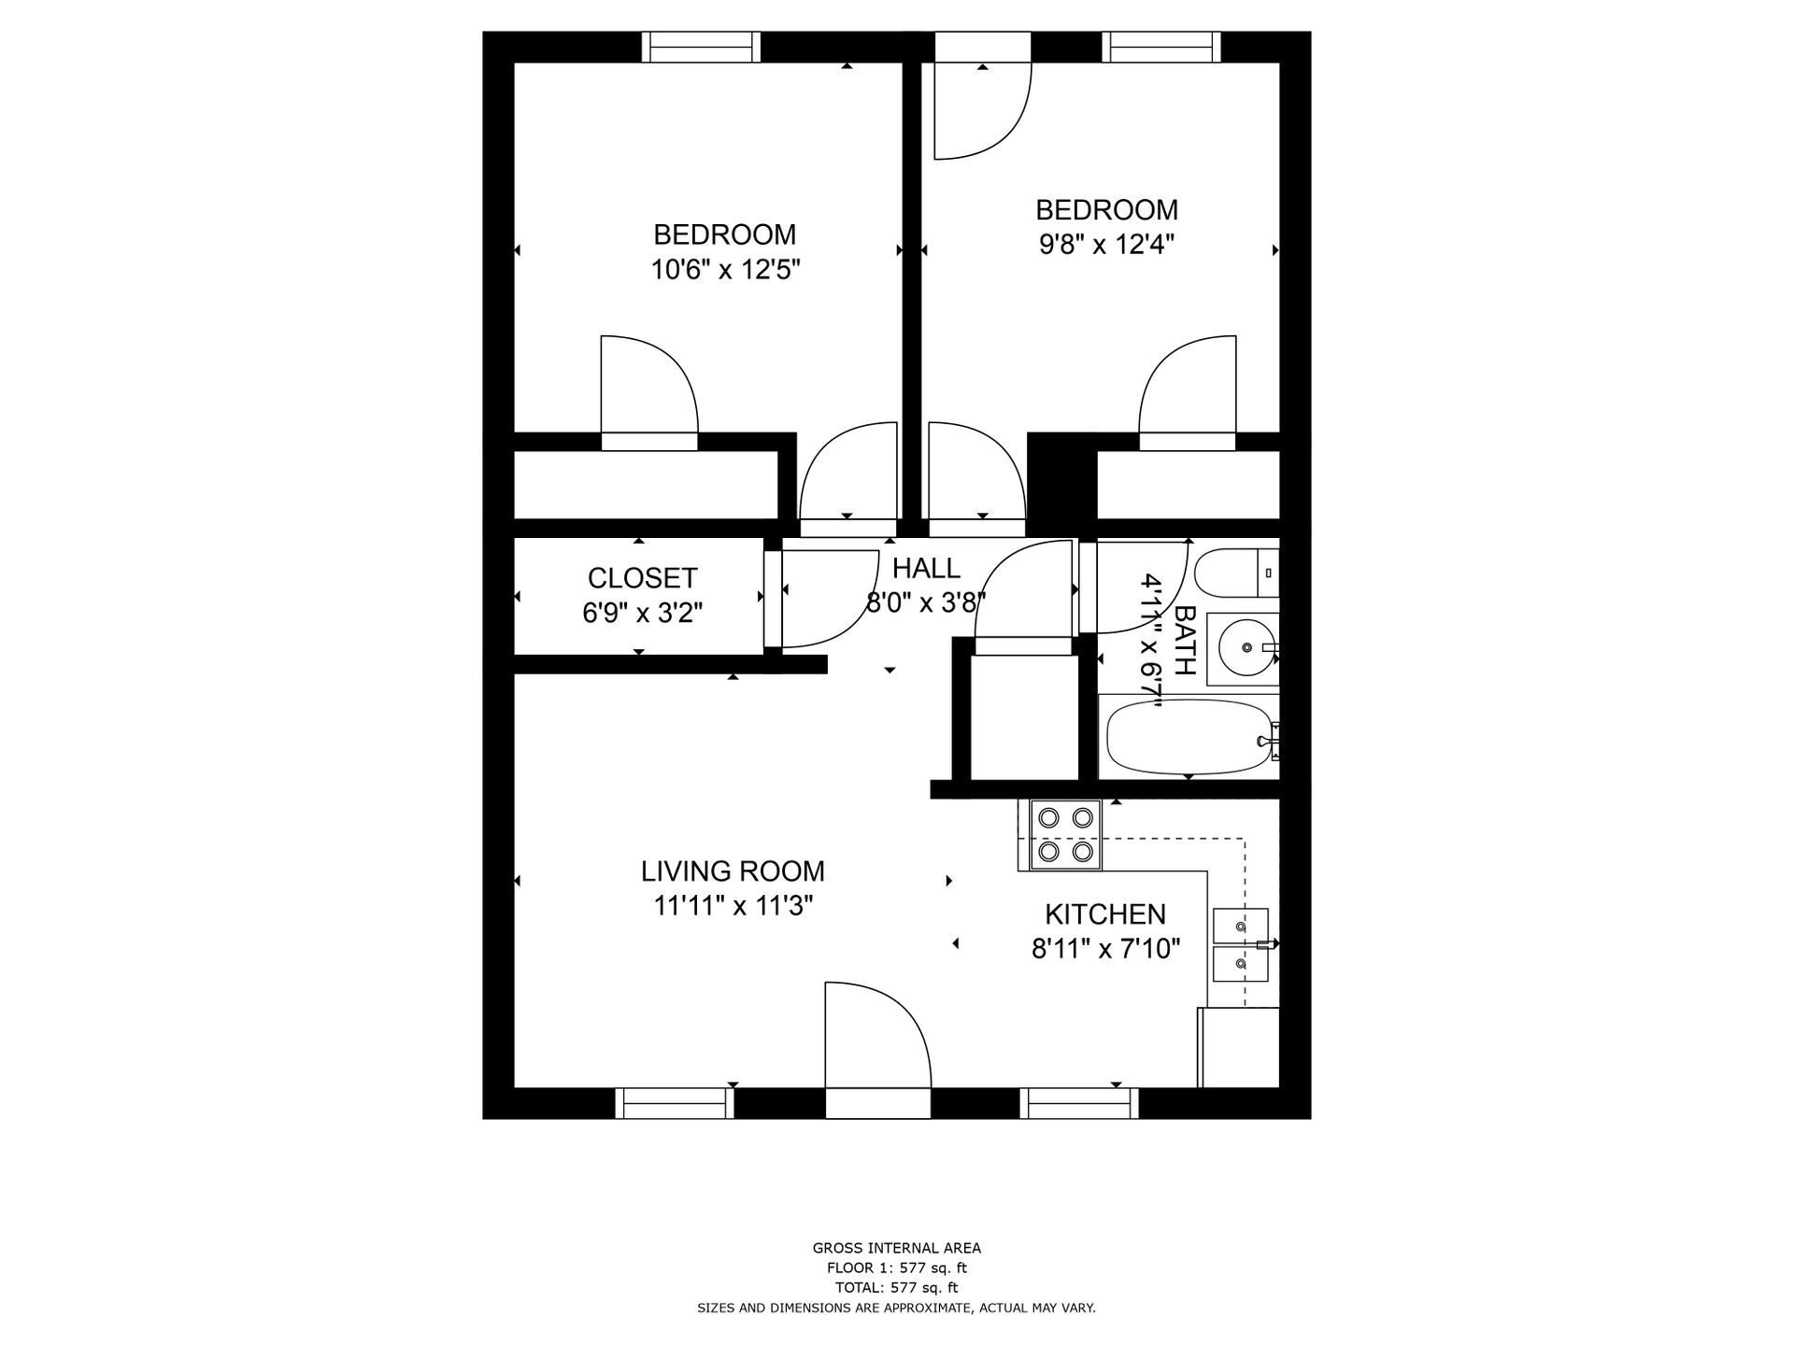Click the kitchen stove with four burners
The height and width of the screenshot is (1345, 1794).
[x=1066, y=835]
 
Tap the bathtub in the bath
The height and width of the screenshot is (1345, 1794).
[x=1189, y=736]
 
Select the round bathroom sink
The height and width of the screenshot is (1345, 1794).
[x=1244, y=648]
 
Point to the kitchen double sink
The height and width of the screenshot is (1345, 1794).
[x=1240, y=943]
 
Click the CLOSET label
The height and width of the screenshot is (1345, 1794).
[x=642, y=578]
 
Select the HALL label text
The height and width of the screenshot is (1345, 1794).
[x=925, y=568]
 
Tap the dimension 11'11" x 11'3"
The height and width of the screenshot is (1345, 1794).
[x=733, y=907]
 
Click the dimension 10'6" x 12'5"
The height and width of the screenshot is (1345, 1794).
[x=725, y=270]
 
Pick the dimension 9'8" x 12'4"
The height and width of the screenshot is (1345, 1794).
[x=1106, y=245]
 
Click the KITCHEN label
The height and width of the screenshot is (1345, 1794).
[x=1105, y=914]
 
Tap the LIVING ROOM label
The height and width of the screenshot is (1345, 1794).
[x=733, y=871]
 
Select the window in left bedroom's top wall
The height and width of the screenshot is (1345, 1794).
[x=701, y=47]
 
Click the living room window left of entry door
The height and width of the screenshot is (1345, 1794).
[x=675, y=1103]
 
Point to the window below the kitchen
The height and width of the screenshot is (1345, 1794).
[x=1079, y=1103]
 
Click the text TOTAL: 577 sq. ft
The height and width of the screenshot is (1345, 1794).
[x=896, y=1288]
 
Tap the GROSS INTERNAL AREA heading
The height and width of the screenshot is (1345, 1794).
[x=896, y=1248]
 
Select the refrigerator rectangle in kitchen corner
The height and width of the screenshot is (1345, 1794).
[x=1238, y=1047]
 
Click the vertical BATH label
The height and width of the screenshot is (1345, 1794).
[x=1184, y=640]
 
